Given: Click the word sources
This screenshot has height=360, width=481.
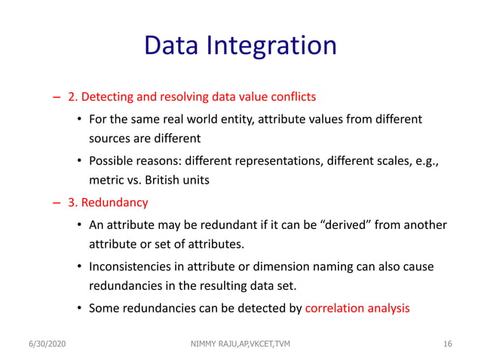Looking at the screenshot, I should pos(111,139).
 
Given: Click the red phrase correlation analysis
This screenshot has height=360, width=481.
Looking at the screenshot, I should pos(357,308).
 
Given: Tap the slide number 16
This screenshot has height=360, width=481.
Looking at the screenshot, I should pos(447,344).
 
